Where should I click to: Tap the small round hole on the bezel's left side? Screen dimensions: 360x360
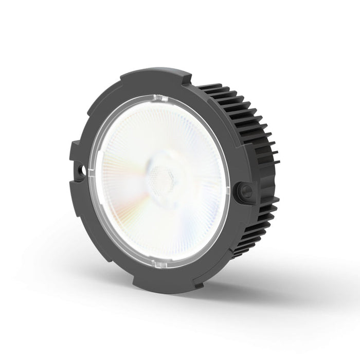tap(80, 168)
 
